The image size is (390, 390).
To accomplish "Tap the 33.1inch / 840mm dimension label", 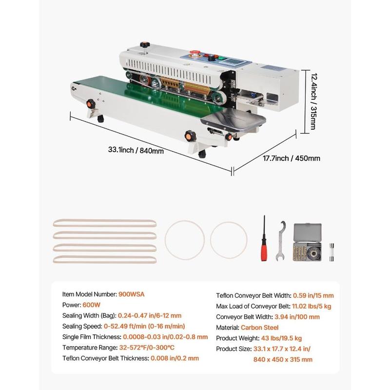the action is click(136, 150).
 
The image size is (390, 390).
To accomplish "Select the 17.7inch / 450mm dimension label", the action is click(292, 158).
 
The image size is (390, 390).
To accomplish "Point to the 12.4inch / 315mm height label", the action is click(313, 101).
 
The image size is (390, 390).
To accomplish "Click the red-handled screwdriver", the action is click(264, 238).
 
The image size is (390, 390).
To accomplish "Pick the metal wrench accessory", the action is click(281, 241).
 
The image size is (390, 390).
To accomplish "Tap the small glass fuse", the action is click(331, 252).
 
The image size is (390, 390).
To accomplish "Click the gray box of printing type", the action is click(308, 242).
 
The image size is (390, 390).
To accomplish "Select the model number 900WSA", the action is click(131, 294).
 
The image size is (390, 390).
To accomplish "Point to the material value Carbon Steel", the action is click(259, 328).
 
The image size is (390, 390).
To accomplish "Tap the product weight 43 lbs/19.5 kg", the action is click(281, 338).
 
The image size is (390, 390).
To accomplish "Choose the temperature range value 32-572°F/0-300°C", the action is click(147, 348).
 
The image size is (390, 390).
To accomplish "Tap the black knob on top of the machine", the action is click(144, 45).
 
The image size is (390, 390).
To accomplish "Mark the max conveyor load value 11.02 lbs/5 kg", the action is click(312, 306).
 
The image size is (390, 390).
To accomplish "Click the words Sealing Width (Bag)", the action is click(89, 315).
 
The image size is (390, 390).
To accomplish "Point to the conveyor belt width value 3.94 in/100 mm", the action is click(297, 317).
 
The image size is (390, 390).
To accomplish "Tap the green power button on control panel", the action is click(222, 58).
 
